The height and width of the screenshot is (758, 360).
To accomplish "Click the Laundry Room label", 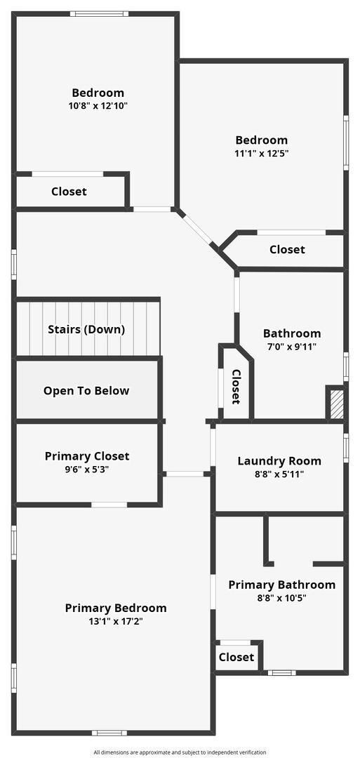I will click(279, 461).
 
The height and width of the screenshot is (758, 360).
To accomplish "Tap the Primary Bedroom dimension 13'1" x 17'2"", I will click(116, 621).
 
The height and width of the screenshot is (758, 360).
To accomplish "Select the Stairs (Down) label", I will click(86, 329).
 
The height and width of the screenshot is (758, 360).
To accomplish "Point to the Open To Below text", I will click(86, 391).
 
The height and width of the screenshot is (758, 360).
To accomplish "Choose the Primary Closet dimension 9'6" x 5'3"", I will click(87, 469).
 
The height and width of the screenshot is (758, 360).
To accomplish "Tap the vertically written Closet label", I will click(236, 387).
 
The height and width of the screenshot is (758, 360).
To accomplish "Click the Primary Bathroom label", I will click(281, 585).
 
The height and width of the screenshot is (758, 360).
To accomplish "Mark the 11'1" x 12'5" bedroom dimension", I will click(261, 153).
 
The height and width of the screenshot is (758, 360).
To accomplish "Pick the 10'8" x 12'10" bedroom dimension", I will click(98, 106).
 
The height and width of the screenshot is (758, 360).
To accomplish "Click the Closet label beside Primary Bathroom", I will click(236, 657).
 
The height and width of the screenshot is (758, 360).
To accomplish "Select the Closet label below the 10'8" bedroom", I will click(69, 192).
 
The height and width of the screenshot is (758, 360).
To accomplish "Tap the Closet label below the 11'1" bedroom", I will click(287, 249).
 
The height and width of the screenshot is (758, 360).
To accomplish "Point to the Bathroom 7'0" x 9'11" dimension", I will click(292, 347).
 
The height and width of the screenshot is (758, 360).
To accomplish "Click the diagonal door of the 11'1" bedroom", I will click(196, 230).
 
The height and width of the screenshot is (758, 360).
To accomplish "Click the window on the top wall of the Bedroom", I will click(99, 13).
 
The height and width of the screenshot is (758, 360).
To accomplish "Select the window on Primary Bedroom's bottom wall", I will click(109, 733).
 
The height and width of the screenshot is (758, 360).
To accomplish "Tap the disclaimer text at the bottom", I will click(180, 752).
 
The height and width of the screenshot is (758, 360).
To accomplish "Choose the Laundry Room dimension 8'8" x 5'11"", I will click(279, 474).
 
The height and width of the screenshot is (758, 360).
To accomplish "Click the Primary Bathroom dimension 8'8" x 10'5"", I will click(281, 598).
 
